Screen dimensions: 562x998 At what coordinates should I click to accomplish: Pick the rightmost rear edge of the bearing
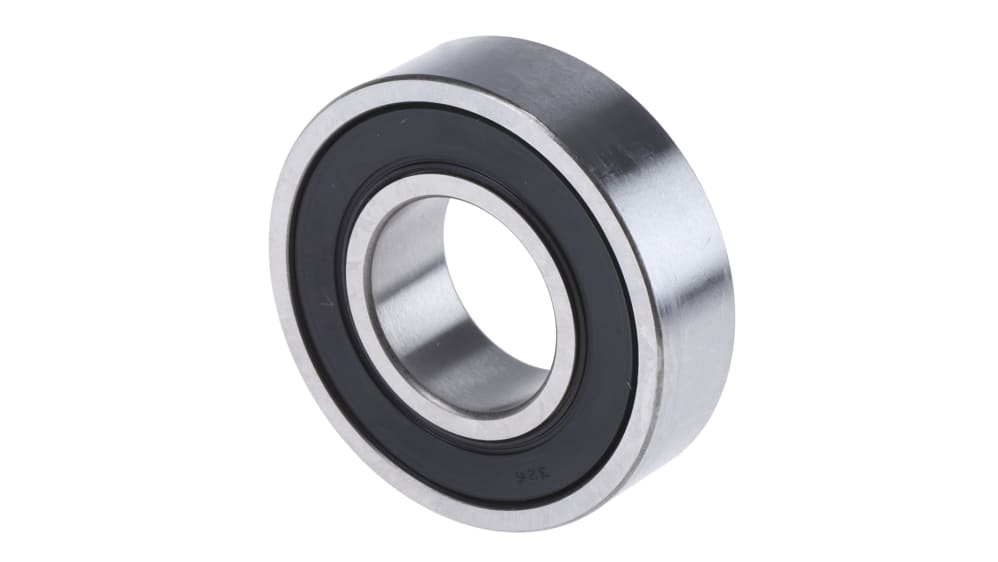[x=733, y=300]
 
